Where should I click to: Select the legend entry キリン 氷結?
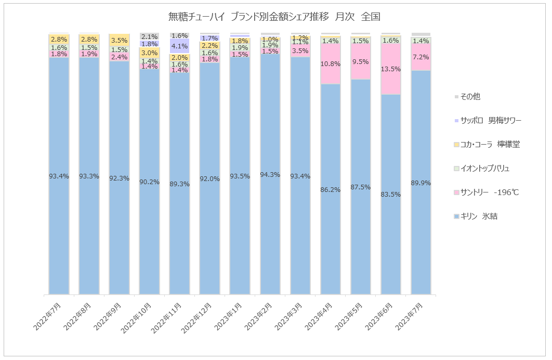pos(478,216)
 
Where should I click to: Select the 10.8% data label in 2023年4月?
pos(331,64)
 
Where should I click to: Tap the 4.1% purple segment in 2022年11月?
pos(180,46)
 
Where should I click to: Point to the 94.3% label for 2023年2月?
pos(270,175)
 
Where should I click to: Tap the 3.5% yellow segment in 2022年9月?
pos(120,40)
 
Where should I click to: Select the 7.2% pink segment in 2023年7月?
pos(421,57)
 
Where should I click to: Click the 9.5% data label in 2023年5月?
pos(361,61)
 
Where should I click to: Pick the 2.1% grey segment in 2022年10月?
pos(150,37)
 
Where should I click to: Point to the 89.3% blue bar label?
pos(180,184)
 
